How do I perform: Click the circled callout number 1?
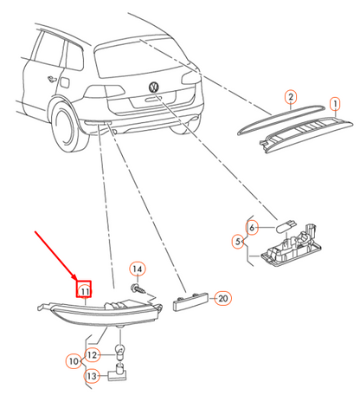pos(335,104)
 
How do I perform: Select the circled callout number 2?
pos(291,97)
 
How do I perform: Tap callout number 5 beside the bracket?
pos(238,242)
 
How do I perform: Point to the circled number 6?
pos(252,228)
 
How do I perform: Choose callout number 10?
pos(74,361)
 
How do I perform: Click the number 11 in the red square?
pos(84,289)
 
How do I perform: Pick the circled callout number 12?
pos(92,355)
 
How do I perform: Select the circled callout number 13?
pos(92,376)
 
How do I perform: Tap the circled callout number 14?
pos(138,269)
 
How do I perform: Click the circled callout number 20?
pos(223,298)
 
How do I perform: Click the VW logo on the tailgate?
pos(154,87)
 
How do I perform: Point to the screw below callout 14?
pos(138,289)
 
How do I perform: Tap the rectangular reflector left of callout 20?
pos(190,301)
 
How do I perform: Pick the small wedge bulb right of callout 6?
pos(286,226)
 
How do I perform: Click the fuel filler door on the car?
pos(65,82)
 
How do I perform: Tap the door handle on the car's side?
pos(52,79)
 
